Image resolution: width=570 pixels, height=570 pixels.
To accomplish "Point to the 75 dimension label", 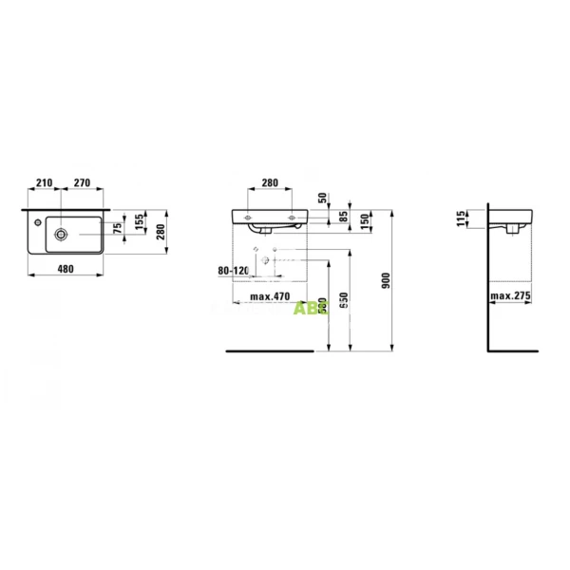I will (118, 228).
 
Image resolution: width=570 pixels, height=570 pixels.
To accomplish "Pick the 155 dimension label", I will (140, 224).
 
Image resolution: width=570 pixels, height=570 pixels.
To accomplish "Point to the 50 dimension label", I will (323, 198).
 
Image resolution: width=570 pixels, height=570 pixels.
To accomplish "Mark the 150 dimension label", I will (364, 219).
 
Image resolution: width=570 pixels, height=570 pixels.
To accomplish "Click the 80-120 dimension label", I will (232, 271).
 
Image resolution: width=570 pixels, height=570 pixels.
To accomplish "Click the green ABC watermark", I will (306, 308).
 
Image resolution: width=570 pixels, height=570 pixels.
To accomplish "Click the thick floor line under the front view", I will (269, 350).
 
